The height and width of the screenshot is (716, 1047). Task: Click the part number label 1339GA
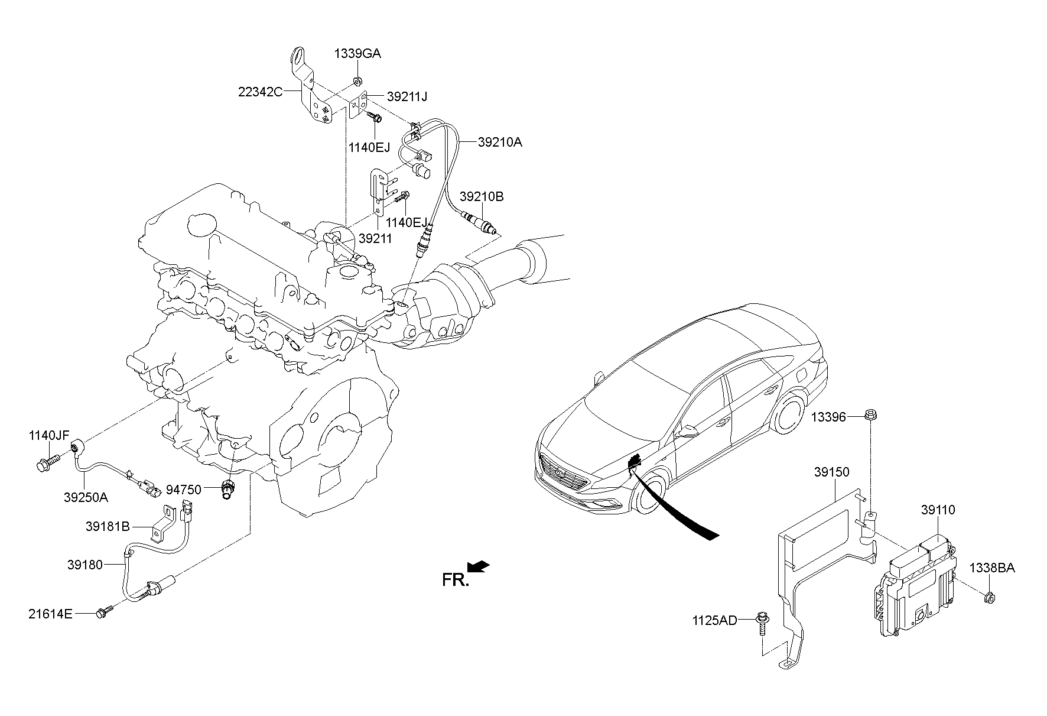click(x=357, y=54)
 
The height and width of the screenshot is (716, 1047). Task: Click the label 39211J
click(x=407, y=96)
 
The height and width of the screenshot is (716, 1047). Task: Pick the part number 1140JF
click(x=49, y=436)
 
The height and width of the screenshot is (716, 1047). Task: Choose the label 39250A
click(x=86, y=497)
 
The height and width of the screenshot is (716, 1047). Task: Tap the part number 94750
click(x=183, y=489)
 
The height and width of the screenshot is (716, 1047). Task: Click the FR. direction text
click(x=456, y=580)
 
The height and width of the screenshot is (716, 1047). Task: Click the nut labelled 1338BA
click(x=989, y=598)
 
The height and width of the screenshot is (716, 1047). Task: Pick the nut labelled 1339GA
click(x=357, y=79)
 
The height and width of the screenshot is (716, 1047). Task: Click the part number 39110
click(x=938, y=510)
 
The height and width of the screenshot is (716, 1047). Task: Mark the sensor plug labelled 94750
click(x=227, y=490)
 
